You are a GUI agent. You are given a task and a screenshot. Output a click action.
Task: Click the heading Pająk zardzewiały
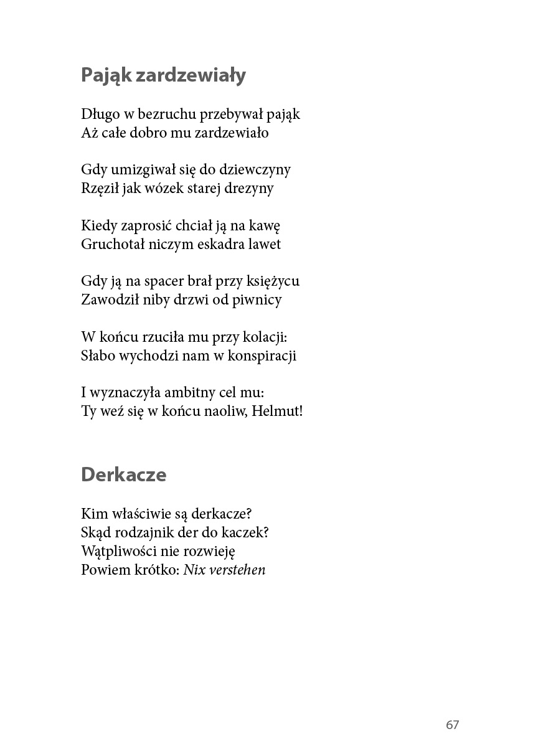point(163,75)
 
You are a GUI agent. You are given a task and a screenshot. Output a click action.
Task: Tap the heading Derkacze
point(123,474)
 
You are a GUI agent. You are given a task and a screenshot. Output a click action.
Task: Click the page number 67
point(452,725)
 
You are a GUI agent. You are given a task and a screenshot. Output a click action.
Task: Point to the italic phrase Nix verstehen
point(224,570)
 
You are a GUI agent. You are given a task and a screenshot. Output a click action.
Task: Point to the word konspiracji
point(262,356)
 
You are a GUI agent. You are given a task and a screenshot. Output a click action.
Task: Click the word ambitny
point(192,393)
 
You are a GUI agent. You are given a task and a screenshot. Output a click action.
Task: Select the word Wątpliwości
point(118,552)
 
